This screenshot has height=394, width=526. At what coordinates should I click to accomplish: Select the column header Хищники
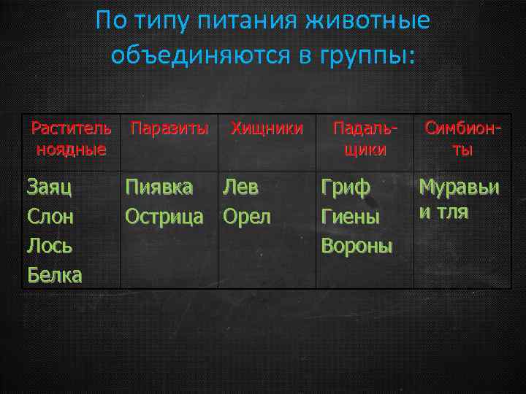point(267,129)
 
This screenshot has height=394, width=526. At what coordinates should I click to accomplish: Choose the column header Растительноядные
point(72,139)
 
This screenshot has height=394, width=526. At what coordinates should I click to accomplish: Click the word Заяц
point(49,188)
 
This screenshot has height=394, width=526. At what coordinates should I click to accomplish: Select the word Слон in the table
point(50,217)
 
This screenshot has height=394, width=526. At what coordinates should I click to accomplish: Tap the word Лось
point(50,246)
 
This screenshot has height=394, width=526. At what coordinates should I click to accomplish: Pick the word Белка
point(55,275)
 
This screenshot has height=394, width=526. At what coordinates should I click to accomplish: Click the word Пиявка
point(159,188)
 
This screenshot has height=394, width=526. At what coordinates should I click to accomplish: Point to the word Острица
point(164,217)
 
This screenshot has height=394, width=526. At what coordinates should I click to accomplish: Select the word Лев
point(241,188)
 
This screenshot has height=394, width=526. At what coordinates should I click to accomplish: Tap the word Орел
point(247,217)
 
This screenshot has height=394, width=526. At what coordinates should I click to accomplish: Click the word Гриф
point(346,188)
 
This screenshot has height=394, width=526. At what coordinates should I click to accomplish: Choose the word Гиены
point(351,217)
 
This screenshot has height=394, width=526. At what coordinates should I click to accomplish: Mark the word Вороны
point(357,246)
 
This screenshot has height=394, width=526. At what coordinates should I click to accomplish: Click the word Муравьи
point(459,188)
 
